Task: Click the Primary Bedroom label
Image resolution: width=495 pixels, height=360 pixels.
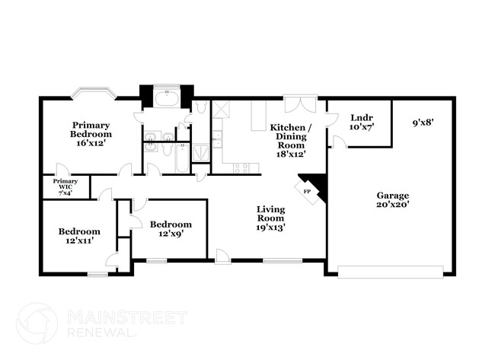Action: [x=91, y=133]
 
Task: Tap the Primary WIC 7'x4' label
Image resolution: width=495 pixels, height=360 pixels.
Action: [x=65, y=187]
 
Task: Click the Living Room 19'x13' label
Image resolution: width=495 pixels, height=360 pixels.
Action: [x=270, y=218]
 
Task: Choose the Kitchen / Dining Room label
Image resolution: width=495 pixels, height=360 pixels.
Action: [x=291, y=139]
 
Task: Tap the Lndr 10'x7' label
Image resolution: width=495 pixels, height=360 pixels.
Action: [x=361, y=123]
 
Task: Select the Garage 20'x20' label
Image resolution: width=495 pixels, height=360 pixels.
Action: [x=393, y=199]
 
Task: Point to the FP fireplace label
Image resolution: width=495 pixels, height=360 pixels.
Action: [x=308, y=191]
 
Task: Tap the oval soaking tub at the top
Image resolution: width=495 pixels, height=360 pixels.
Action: [x=166, y=98]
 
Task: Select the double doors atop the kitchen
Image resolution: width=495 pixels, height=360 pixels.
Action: [x=300, y=104]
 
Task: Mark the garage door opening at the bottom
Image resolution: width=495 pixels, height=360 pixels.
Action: [x=390, y=271]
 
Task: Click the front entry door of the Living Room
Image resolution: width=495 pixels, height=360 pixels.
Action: [x=222, y=257]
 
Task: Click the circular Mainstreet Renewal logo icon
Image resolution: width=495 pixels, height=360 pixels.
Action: [x=37, y=323]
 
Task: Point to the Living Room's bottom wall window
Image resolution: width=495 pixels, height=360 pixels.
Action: [x=283, y=261]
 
